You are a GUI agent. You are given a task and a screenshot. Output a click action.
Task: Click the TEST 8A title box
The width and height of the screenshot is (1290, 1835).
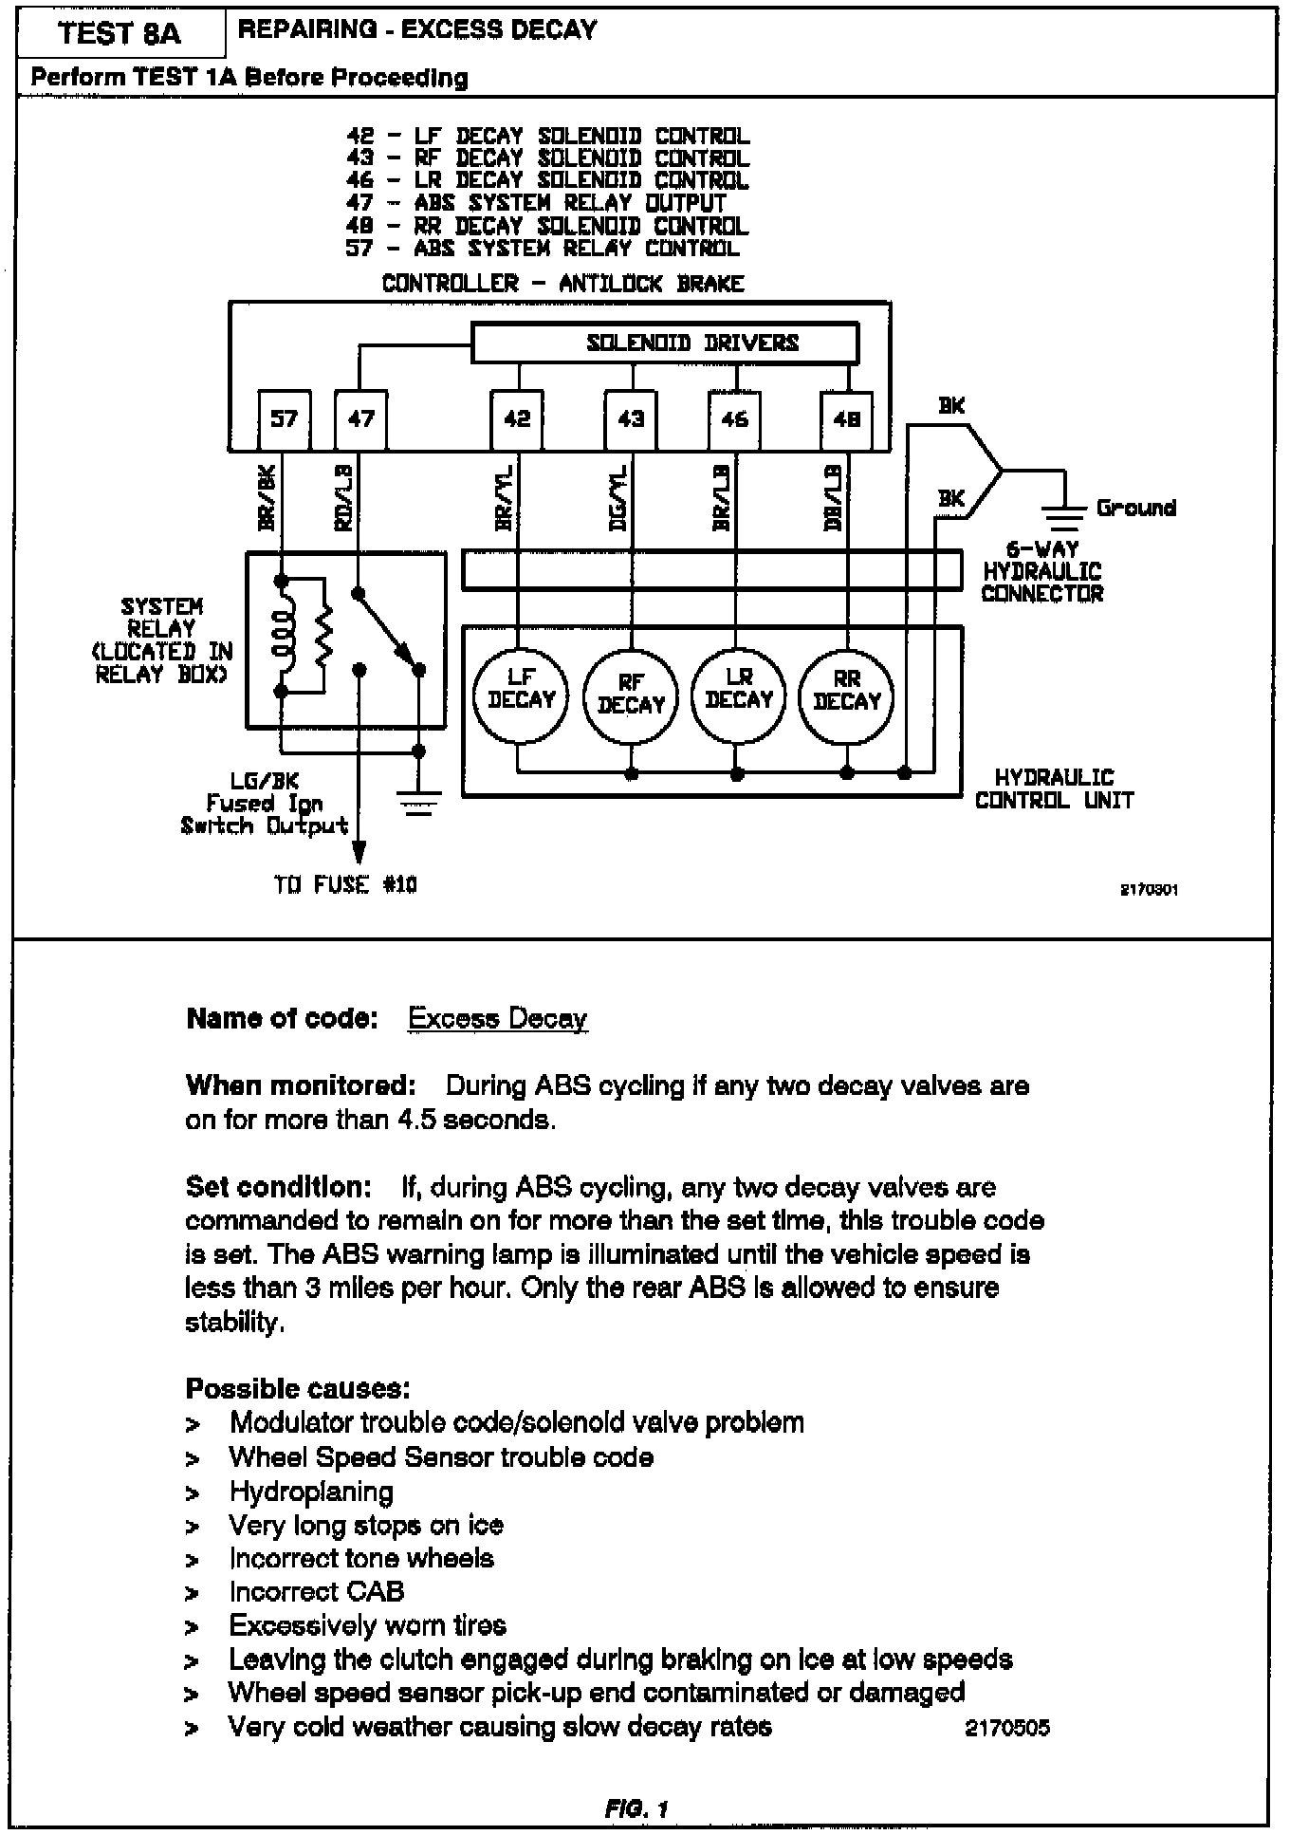(x=120, y=33)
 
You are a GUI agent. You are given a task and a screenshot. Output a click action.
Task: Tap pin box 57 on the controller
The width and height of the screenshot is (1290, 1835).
(x=284, y=418)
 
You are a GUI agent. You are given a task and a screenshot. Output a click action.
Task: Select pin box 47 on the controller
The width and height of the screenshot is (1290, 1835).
(x=361, y=418)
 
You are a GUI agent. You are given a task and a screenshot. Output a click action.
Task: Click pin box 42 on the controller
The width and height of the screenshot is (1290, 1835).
(x=517, y=418)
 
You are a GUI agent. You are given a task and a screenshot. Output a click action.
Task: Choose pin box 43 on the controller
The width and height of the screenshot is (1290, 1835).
(x=631, y=418)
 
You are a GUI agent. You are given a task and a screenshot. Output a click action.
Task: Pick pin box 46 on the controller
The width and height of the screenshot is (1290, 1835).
(x=735, y=418)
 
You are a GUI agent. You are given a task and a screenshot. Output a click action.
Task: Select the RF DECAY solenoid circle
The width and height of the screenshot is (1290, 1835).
(x=631, y=697)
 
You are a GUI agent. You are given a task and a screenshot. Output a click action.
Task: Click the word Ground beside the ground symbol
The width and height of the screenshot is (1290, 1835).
(x=1135, y=508)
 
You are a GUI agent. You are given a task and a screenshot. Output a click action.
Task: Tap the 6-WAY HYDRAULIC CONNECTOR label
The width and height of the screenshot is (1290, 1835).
(x=1041, y=571)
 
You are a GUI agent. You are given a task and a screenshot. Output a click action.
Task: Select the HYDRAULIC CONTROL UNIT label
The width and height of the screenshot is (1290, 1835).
(x=1054, y=788)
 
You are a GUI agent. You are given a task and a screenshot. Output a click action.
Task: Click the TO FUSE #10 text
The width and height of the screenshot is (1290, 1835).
(x=345, y=885)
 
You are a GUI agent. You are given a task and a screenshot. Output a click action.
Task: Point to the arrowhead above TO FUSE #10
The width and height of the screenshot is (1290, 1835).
(x=359, y=848)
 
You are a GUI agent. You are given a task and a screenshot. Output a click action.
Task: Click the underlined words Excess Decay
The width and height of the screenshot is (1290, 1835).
(x=497, y=1019)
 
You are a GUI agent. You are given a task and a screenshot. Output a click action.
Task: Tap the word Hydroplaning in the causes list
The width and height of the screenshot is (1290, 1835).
(x=311, y=1492)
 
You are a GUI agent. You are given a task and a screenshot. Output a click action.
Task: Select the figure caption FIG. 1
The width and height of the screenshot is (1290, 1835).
(x=636, y=1808)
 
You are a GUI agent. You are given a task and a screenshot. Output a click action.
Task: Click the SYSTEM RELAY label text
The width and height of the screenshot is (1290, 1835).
(x=161, y=639)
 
